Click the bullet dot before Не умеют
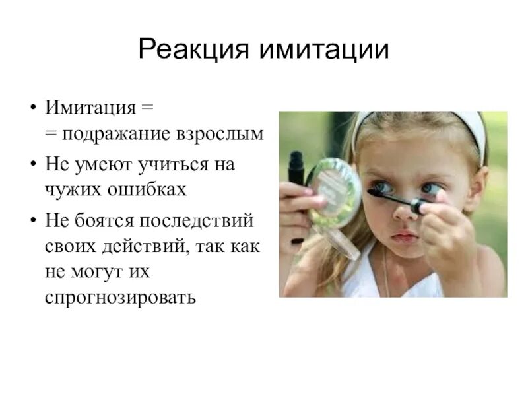pyautogui.click(x=32, y=164)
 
